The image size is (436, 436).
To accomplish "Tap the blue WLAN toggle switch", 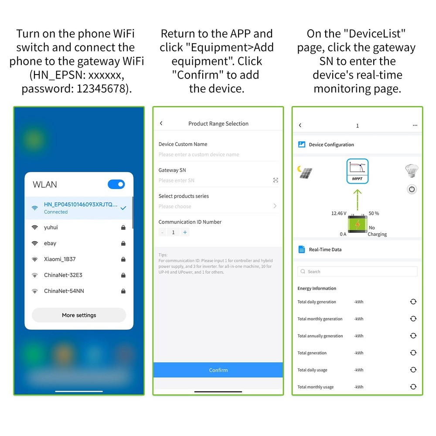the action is pyautogui.click(x=116, y=184).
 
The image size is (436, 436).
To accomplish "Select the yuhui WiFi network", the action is pyautogui.click(x=51, y=228).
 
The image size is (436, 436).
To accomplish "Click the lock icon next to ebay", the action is pyautogui.click(x=123, y=243).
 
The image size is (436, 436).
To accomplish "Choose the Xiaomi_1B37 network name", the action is pyautogui.click(x=60, y=259).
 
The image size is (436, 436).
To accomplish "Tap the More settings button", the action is pyautogui.click(x=79, y=315).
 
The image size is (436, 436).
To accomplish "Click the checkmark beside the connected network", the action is pyautogui.click(x=123, y=208).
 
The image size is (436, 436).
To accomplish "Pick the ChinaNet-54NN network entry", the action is pyautogui.click(x=64, y=291).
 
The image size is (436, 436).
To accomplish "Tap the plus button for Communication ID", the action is pyautogui.click(x=185, y=232).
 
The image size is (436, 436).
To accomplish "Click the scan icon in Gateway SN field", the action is pyautogui.click(x=276, y=180).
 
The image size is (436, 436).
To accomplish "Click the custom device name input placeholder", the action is pyautogui.click(x=199, y=154).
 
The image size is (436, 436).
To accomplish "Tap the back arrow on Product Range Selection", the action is pyautogui.click(x=161, y=123).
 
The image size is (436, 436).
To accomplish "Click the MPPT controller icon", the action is pyautogui.click(x=358, y=171).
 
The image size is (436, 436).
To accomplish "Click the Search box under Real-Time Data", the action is pyautogui.click(x=358, y=271).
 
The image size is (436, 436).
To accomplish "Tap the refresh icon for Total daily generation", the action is pyautogui.click(x=413, y=302).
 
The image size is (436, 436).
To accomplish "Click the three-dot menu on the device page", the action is pyautogui.click(x=415, y=126).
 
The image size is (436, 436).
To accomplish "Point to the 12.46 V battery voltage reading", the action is pyautogui.click(x=339, y=213).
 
